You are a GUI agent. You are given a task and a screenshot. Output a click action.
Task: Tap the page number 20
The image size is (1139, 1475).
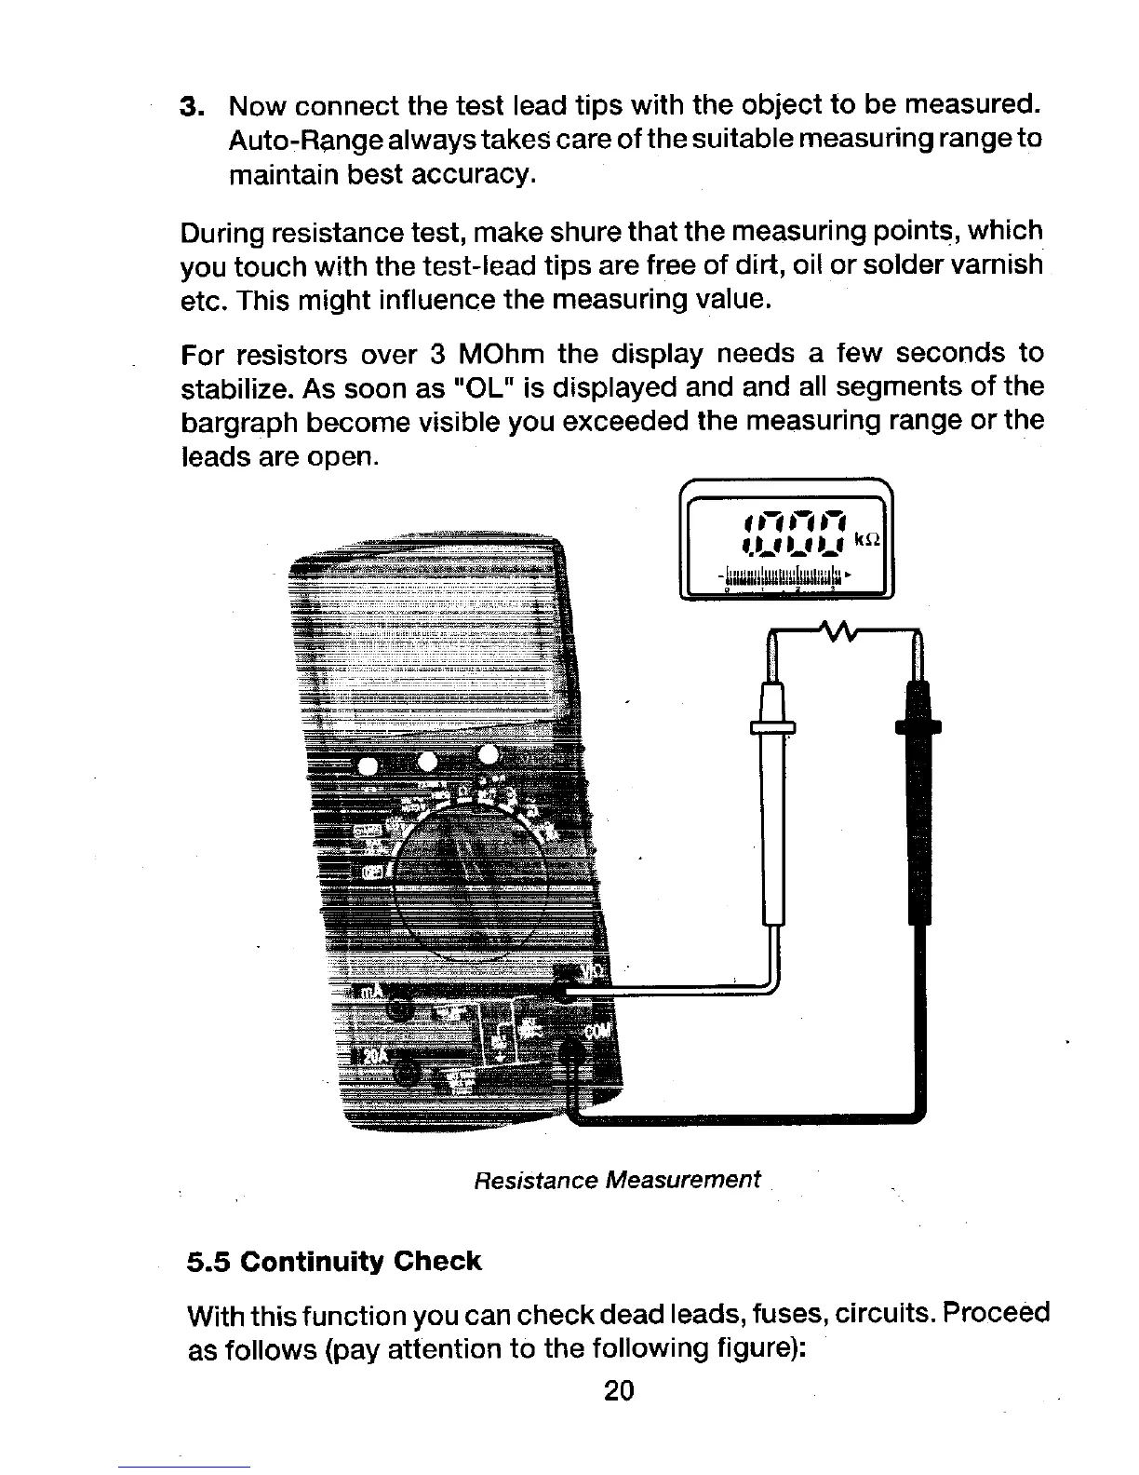pos(619,1390)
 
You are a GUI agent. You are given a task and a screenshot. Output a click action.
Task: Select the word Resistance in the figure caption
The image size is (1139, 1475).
pos(535,1181)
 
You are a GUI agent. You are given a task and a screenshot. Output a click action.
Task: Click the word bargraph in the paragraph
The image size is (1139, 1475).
pos(235,423)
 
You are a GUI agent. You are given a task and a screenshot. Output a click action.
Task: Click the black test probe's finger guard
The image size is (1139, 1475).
pos(918,726)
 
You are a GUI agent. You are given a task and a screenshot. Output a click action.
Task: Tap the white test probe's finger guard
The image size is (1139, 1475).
pos(773,727)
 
